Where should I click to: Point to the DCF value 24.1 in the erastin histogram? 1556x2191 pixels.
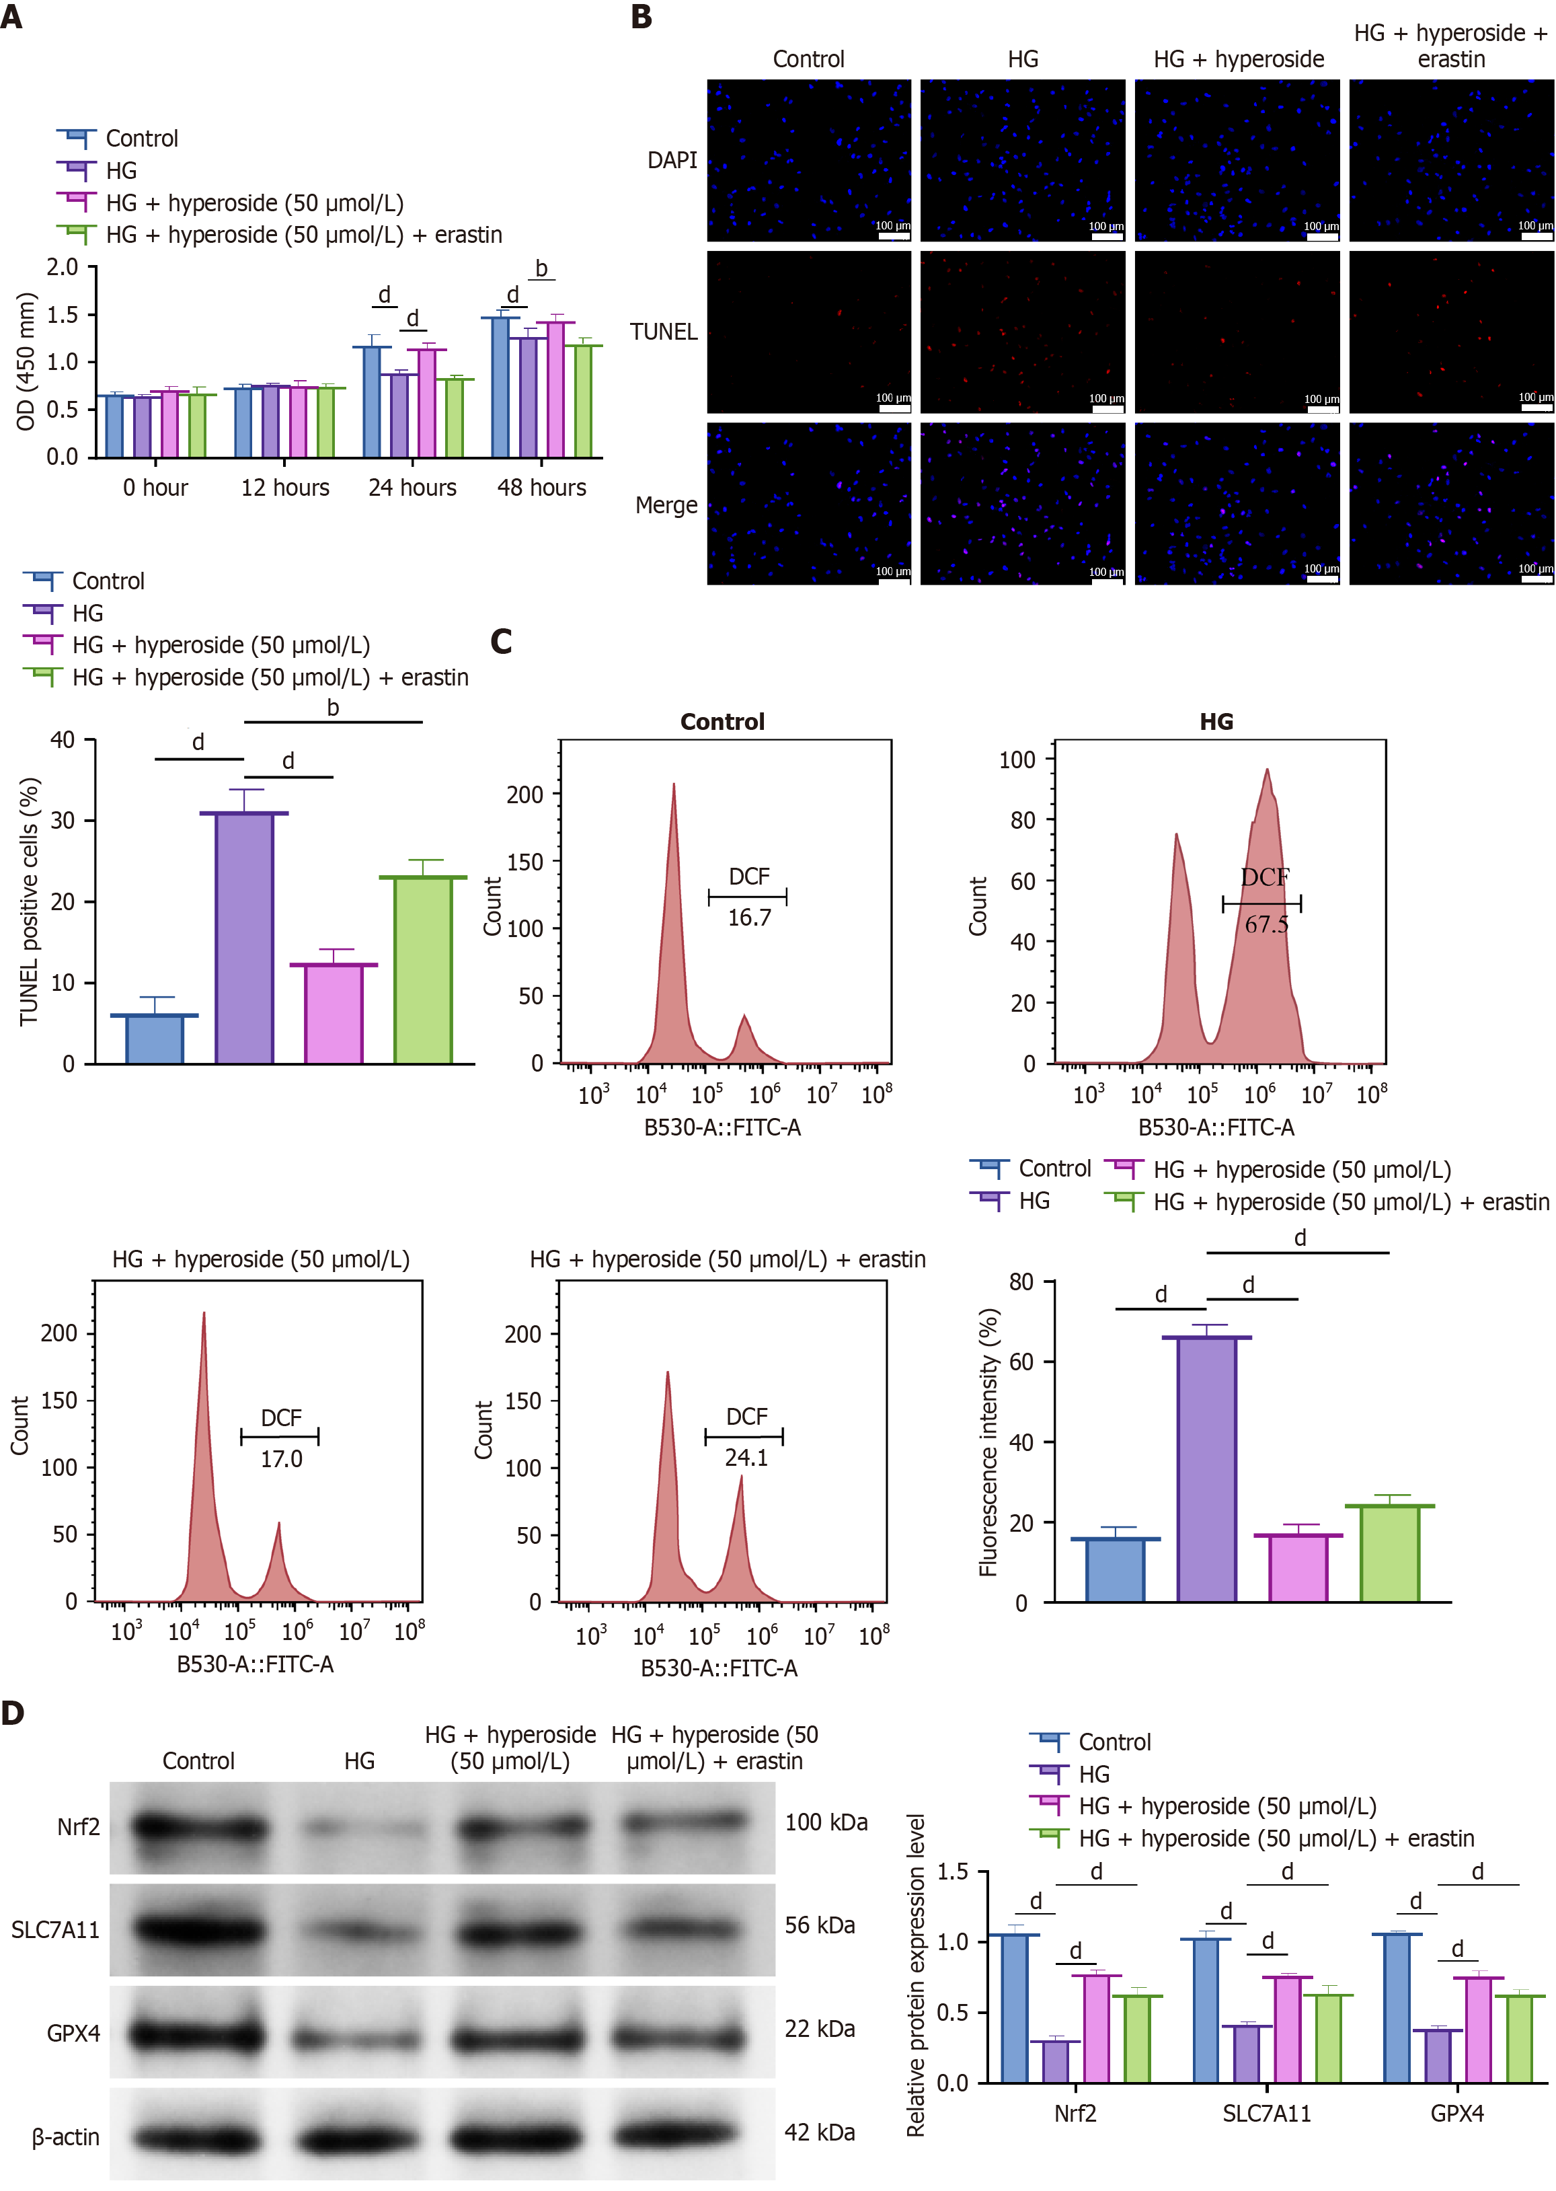[x=746, y=1458]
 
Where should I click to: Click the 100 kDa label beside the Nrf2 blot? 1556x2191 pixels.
[x=826, y=1822]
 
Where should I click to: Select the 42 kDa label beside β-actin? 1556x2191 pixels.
[x=819, y=2132]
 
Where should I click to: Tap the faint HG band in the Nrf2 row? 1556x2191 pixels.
[x=360, y=1828]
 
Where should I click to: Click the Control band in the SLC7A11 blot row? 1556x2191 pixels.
[x=199, y=1929]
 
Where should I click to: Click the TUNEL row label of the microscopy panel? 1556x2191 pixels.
[x=663, y=332]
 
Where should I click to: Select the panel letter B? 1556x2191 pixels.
[x=641, y=17]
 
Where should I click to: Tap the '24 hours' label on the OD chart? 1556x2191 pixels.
[x=412, y=488]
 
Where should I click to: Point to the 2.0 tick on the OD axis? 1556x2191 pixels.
[x=63, y=268]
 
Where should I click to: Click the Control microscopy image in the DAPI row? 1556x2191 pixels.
[x=809, y=160]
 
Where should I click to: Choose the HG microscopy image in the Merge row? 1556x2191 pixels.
[x=1022, y=504]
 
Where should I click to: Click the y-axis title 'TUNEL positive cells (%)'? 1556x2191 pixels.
[x=30, y=901]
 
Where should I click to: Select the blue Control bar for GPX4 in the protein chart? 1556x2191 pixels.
[x=1396, y=2009]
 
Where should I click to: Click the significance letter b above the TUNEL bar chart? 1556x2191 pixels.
[x=332, y=707]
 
